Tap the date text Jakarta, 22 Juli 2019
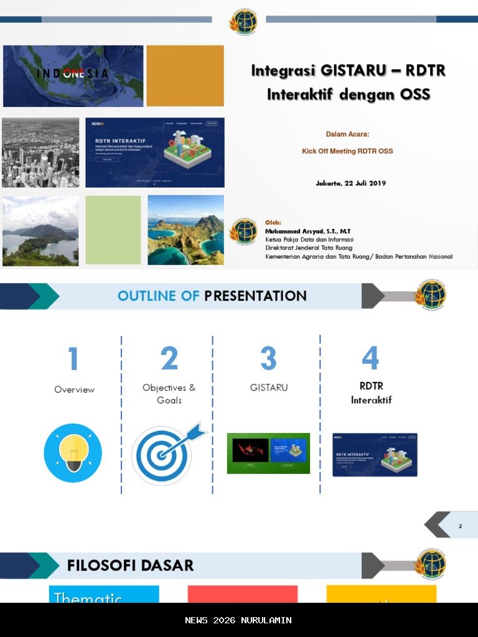point(350,183)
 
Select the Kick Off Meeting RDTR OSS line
point(347,151)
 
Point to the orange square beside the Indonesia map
point(185,76)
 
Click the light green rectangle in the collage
point(113,230)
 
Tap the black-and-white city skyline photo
point(40,152)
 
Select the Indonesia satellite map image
point(73,76)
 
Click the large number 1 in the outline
point(73,360)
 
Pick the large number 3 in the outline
point(268,359)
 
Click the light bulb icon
point(73,452)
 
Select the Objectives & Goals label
point(169,394)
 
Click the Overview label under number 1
point(74,389)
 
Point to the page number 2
point(460,526)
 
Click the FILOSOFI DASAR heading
point(130,565)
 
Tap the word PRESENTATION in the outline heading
point(255,296)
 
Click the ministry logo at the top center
point(243,22)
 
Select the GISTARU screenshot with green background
point(268,453)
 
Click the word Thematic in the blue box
point(88,598)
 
